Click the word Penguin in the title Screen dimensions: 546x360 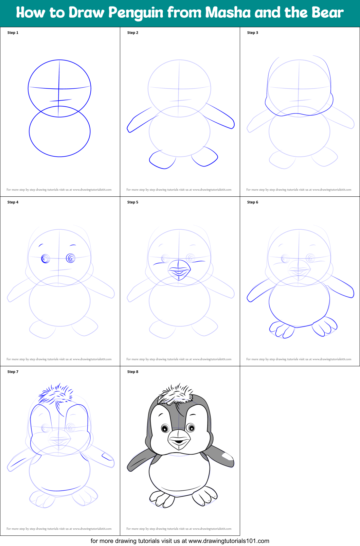pos(136,13)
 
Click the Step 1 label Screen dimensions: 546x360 pos(13,33)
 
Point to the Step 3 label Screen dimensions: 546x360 pos(252,33)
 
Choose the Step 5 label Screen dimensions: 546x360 pos(132,202)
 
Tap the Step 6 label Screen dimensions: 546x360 pos(252,202)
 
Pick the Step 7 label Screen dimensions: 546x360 pos(13,372)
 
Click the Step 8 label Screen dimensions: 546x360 pos(132,372)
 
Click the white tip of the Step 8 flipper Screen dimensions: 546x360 pos(228,456)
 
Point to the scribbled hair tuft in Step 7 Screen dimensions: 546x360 pos(56,394)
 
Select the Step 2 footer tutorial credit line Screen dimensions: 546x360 pos(179,190)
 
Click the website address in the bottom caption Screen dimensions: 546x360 pos(229,541)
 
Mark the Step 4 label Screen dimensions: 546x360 pos(13,202)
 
